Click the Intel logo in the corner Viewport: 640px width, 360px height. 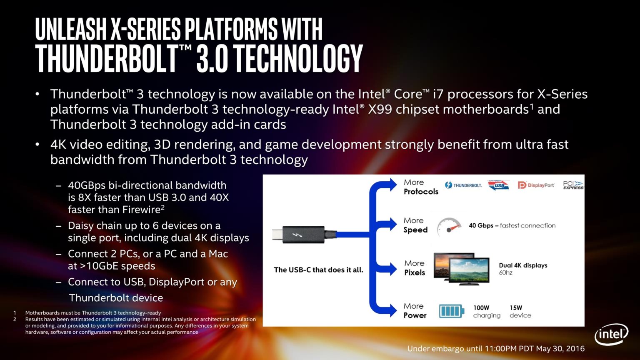pos(611,334)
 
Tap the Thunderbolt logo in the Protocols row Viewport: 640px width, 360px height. pos(463,185)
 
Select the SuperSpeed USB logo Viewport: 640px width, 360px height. pos(499,185)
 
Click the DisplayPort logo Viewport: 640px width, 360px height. pos(536,185)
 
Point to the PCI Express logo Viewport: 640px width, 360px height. pos(573,185)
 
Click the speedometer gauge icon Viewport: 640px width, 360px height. pos(449,227)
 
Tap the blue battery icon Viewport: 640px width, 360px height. pos(451,311)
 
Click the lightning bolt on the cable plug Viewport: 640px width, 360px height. pos(297,235)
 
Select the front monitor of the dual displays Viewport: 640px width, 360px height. pos(469,271)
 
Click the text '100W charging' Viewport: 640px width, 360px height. pos(487,311)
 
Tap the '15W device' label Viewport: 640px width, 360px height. pos(520,311)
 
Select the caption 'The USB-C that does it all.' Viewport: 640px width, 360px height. pos(318,270)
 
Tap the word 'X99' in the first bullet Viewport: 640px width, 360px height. pos(380,109)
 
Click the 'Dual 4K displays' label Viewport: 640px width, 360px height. pos(523,265)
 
